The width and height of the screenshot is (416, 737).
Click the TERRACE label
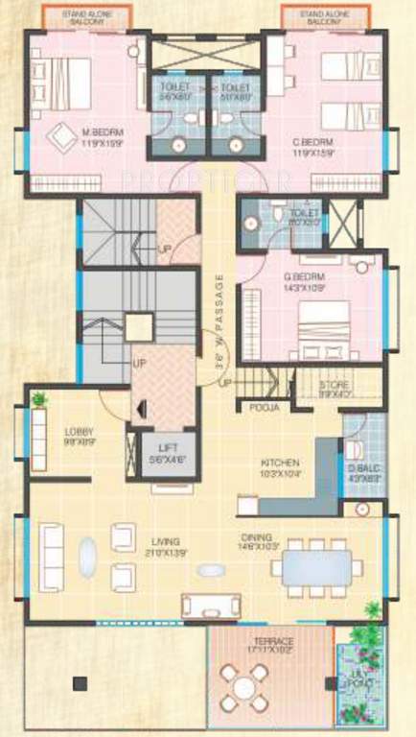tap(271, 641)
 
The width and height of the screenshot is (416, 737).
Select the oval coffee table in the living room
tap(87, 556)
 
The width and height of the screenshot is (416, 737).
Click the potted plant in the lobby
tap(38, 398)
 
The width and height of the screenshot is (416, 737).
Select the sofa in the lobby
tap(39, 440)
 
